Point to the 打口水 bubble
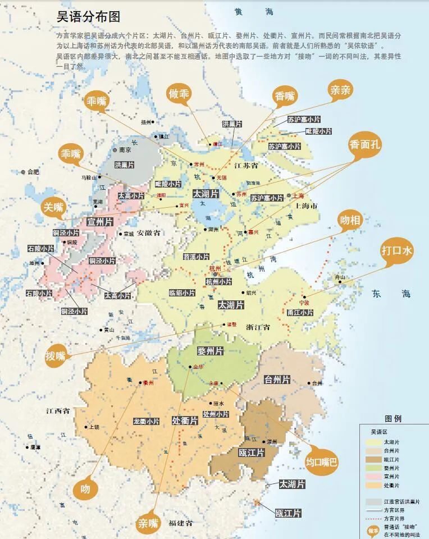coord(397,251)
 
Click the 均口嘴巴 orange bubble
coord(322,462)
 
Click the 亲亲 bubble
coord(341,91)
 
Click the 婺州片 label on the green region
coord(211,351)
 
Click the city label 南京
coord(124,150)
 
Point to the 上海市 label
coord(306,206)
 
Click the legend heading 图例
coord(393,418)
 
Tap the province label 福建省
coord(181,523)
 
